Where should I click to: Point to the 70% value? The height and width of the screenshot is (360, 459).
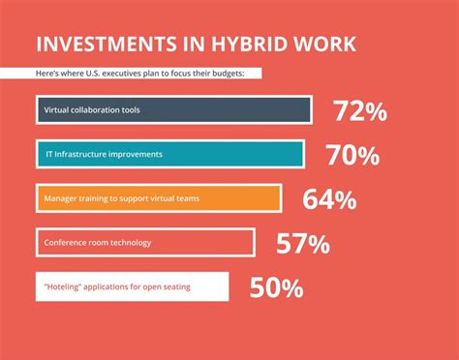coord(353,155)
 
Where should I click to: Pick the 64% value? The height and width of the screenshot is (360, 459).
coord(329,199)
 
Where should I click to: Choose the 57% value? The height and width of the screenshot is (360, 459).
coord(303,244)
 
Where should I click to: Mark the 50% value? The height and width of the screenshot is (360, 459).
coord(276,287)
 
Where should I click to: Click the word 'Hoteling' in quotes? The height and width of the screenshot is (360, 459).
coord(63,286)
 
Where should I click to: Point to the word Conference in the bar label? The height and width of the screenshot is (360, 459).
coord(66,243)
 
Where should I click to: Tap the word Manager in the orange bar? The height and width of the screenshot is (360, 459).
coord(61,199)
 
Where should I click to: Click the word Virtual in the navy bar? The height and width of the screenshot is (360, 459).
coord(56,110)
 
